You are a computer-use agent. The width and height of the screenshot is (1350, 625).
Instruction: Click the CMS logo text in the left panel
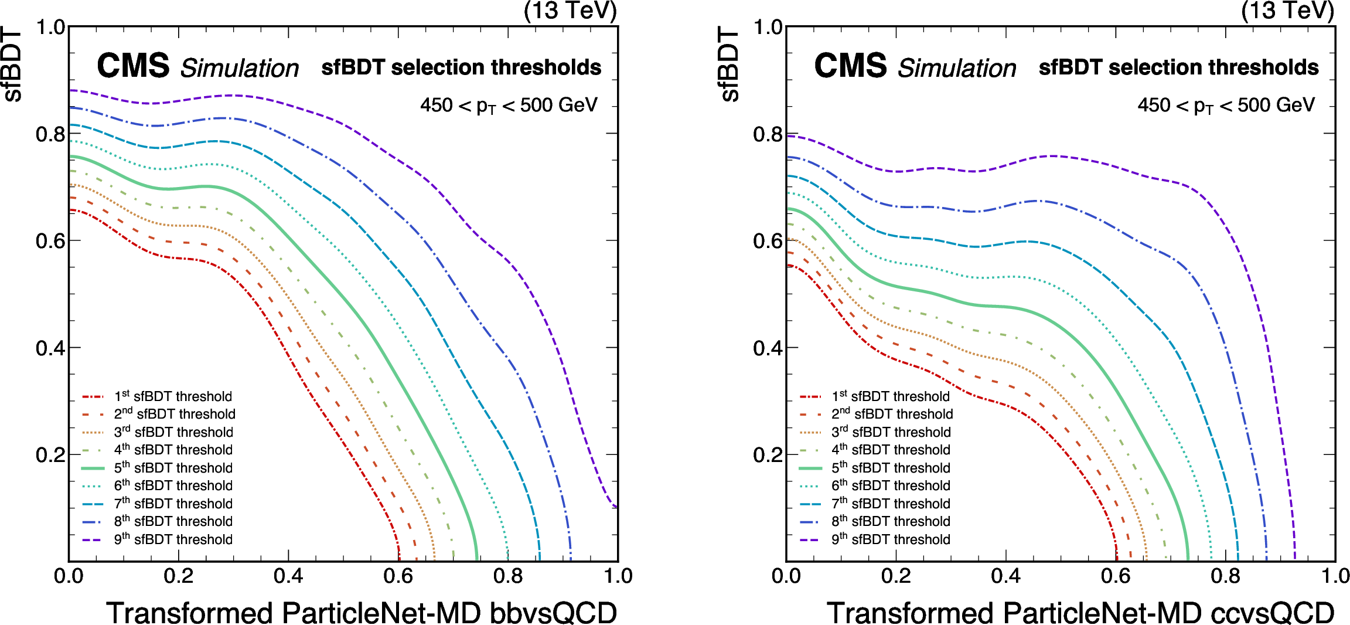[x=133, y=66]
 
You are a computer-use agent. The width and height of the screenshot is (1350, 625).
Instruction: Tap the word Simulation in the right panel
[x=957, y=69]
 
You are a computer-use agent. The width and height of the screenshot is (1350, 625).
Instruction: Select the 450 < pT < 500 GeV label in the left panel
[x=509, y=106]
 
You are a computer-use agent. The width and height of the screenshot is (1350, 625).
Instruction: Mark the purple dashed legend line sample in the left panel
[x=93, y=540]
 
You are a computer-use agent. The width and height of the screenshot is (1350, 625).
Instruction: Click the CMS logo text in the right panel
[x=850, y=66]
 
